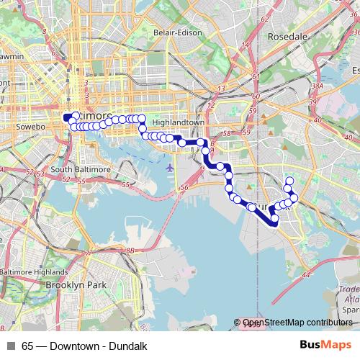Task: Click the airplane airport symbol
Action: (169, 167)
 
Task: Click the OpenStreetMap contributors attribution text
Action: (297, 323)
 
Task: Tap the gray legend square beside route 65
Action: (10, 346)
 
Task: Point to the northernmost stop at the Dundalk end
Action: (289, 181)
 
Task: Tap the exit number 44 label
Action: (306, 274)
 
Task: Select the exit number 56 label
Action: (184, 188)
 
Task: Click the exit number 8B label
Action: (130, 251)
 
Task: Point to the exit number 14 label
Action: (245, 45)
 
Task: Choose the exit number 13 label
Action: (221, 89)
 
